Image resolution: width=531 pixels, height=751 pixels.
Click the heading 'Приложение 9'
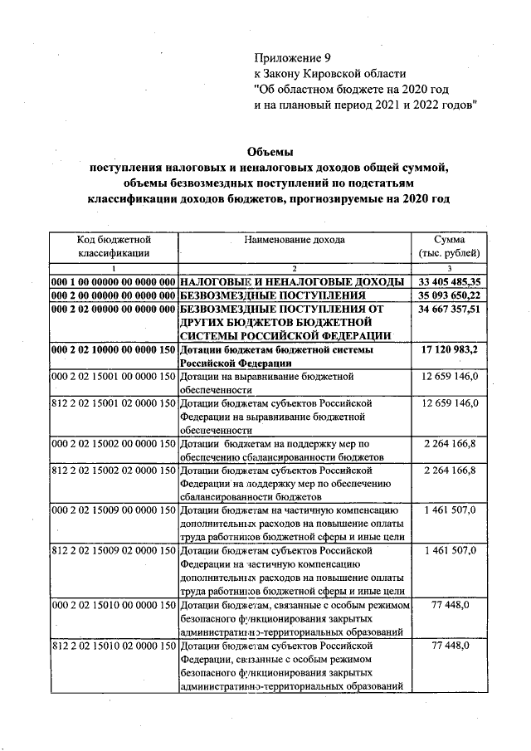(292, 58)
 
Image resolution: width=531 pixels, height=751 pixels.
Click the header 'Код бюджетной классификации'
(114, 246)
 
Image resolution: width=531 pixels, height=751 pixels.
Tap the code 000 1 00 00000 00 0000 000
(114, 281)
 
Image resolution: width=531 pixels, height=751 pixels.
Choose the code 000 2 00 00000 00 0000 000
(114, 295)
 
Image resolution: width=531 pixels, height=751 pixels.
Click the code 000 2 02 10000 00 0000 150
(114, 350)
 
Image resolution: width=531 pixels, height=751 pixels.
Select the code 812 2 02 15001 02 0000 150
(114, 403)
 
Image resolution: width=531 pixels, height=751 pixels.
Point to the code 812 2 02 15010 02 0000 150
(114, 645)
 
